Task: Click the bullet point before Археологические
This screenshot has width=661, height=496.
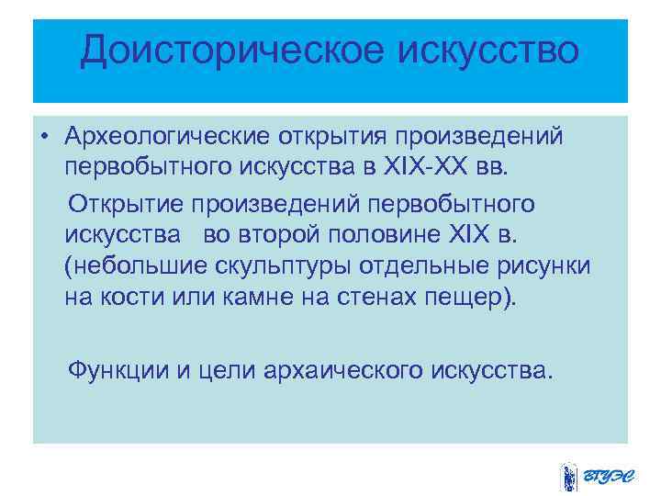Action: (44, 137)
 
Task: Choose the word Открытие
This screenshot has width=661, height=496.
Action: (135, 201)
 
